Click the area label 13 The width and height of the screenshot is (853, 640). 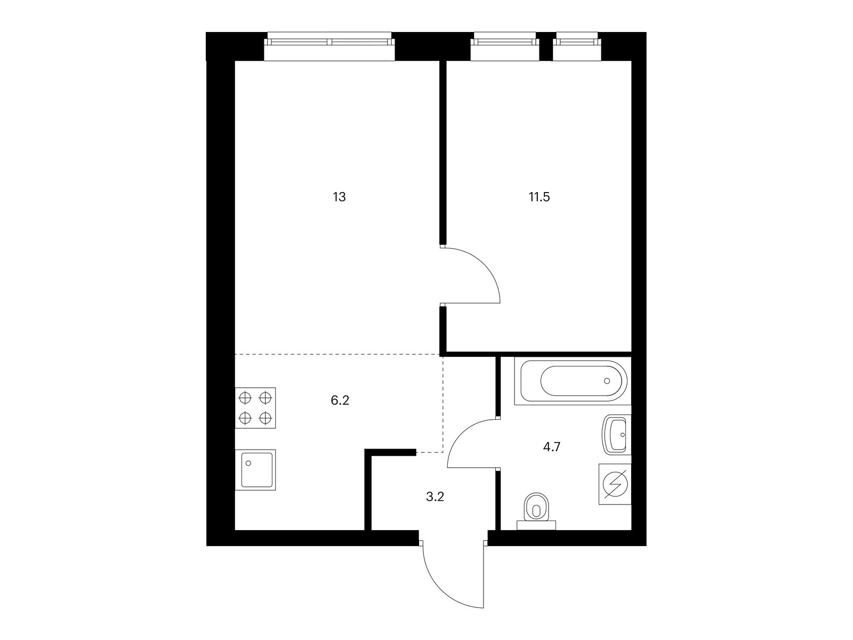click(340, 197)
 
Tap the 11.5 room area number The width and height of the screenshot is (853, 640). click(539, 197)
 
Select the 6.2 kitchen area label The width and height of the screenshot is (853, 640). click(340, 401)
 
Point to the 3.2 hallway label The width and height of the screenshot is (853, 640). click(435, 498)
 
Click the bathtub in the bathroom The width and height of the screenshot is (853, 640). click(572, 381)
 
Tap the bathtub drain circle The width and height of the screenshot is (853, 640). click(607, 381)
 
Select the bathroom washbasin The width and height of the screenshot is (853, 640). click(617, 435)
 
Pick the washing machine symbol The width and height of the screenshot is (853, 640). click(615, 484)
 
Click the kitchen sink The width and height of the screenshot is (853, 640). click(255, 470)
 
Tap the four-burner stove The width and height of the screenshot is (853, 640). click(255, 408)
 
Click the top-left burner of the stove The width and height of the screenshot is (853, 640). click(245, 398)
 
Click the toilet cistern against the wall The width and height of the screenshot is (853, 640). click(536, 525)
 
